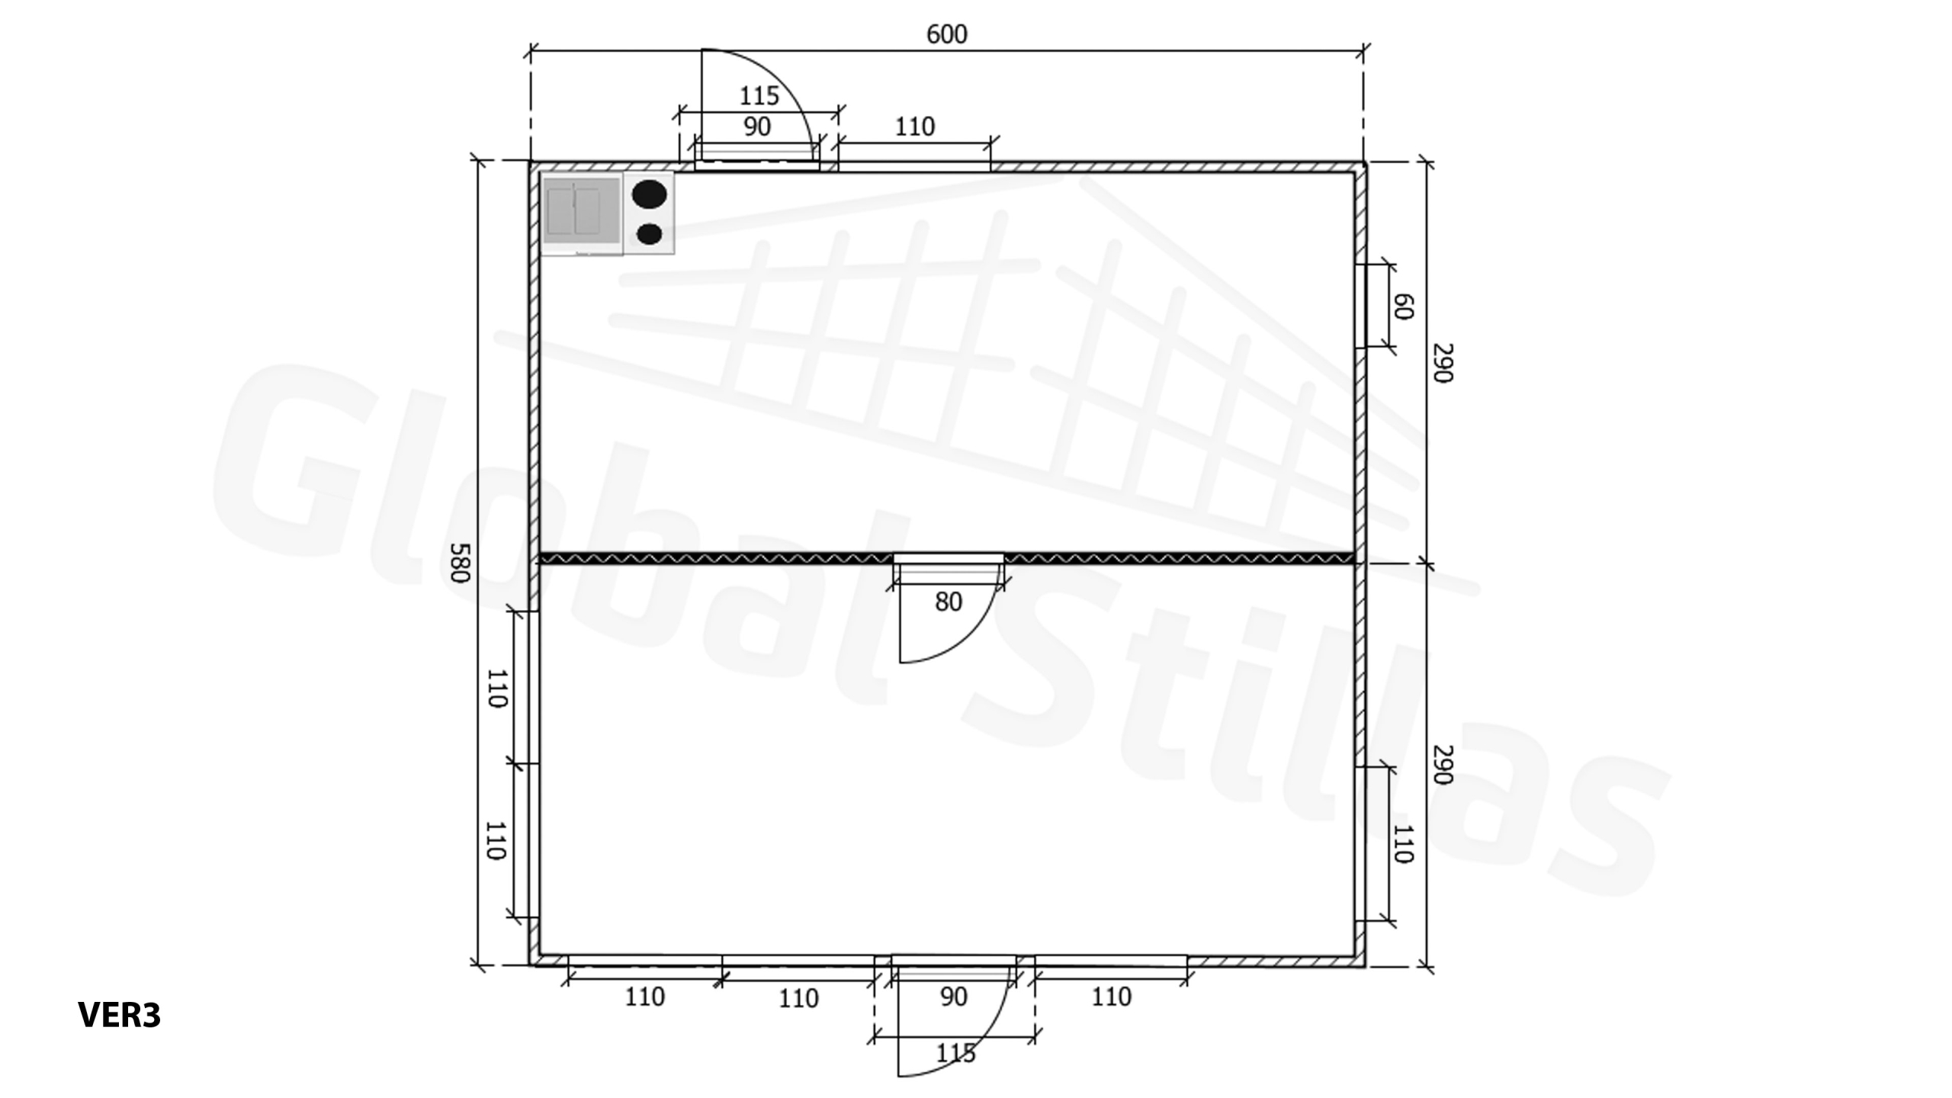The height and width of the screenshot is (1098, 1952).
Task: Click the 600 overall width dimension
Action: pyautogui.click(x=946, y=34)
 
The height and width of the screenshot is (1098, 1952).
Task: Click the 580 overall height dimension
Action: pyautogui.click(x=457, y=563)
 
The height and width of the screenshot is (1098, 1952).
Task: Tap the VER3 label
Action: pyautogui.click(x=120, y=1015)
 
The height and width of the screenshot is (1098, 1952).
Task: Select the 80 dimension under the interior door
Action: pyautogui.click(x=949, y=602)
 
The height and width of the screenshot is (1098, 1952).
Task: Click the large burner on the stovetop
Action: pyautogui.click(x=650, y=194)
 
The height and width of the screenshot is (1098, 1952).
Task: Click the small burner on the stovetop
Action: pyautogui.click(x=649, y=234)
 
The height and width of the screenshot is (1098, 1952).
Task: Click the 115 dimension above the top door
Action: pyautogui.click(x=759, y=96)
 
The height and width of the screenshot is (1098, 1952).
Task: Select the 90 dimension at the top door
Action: pyautogui.click(x=756, y=127)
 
